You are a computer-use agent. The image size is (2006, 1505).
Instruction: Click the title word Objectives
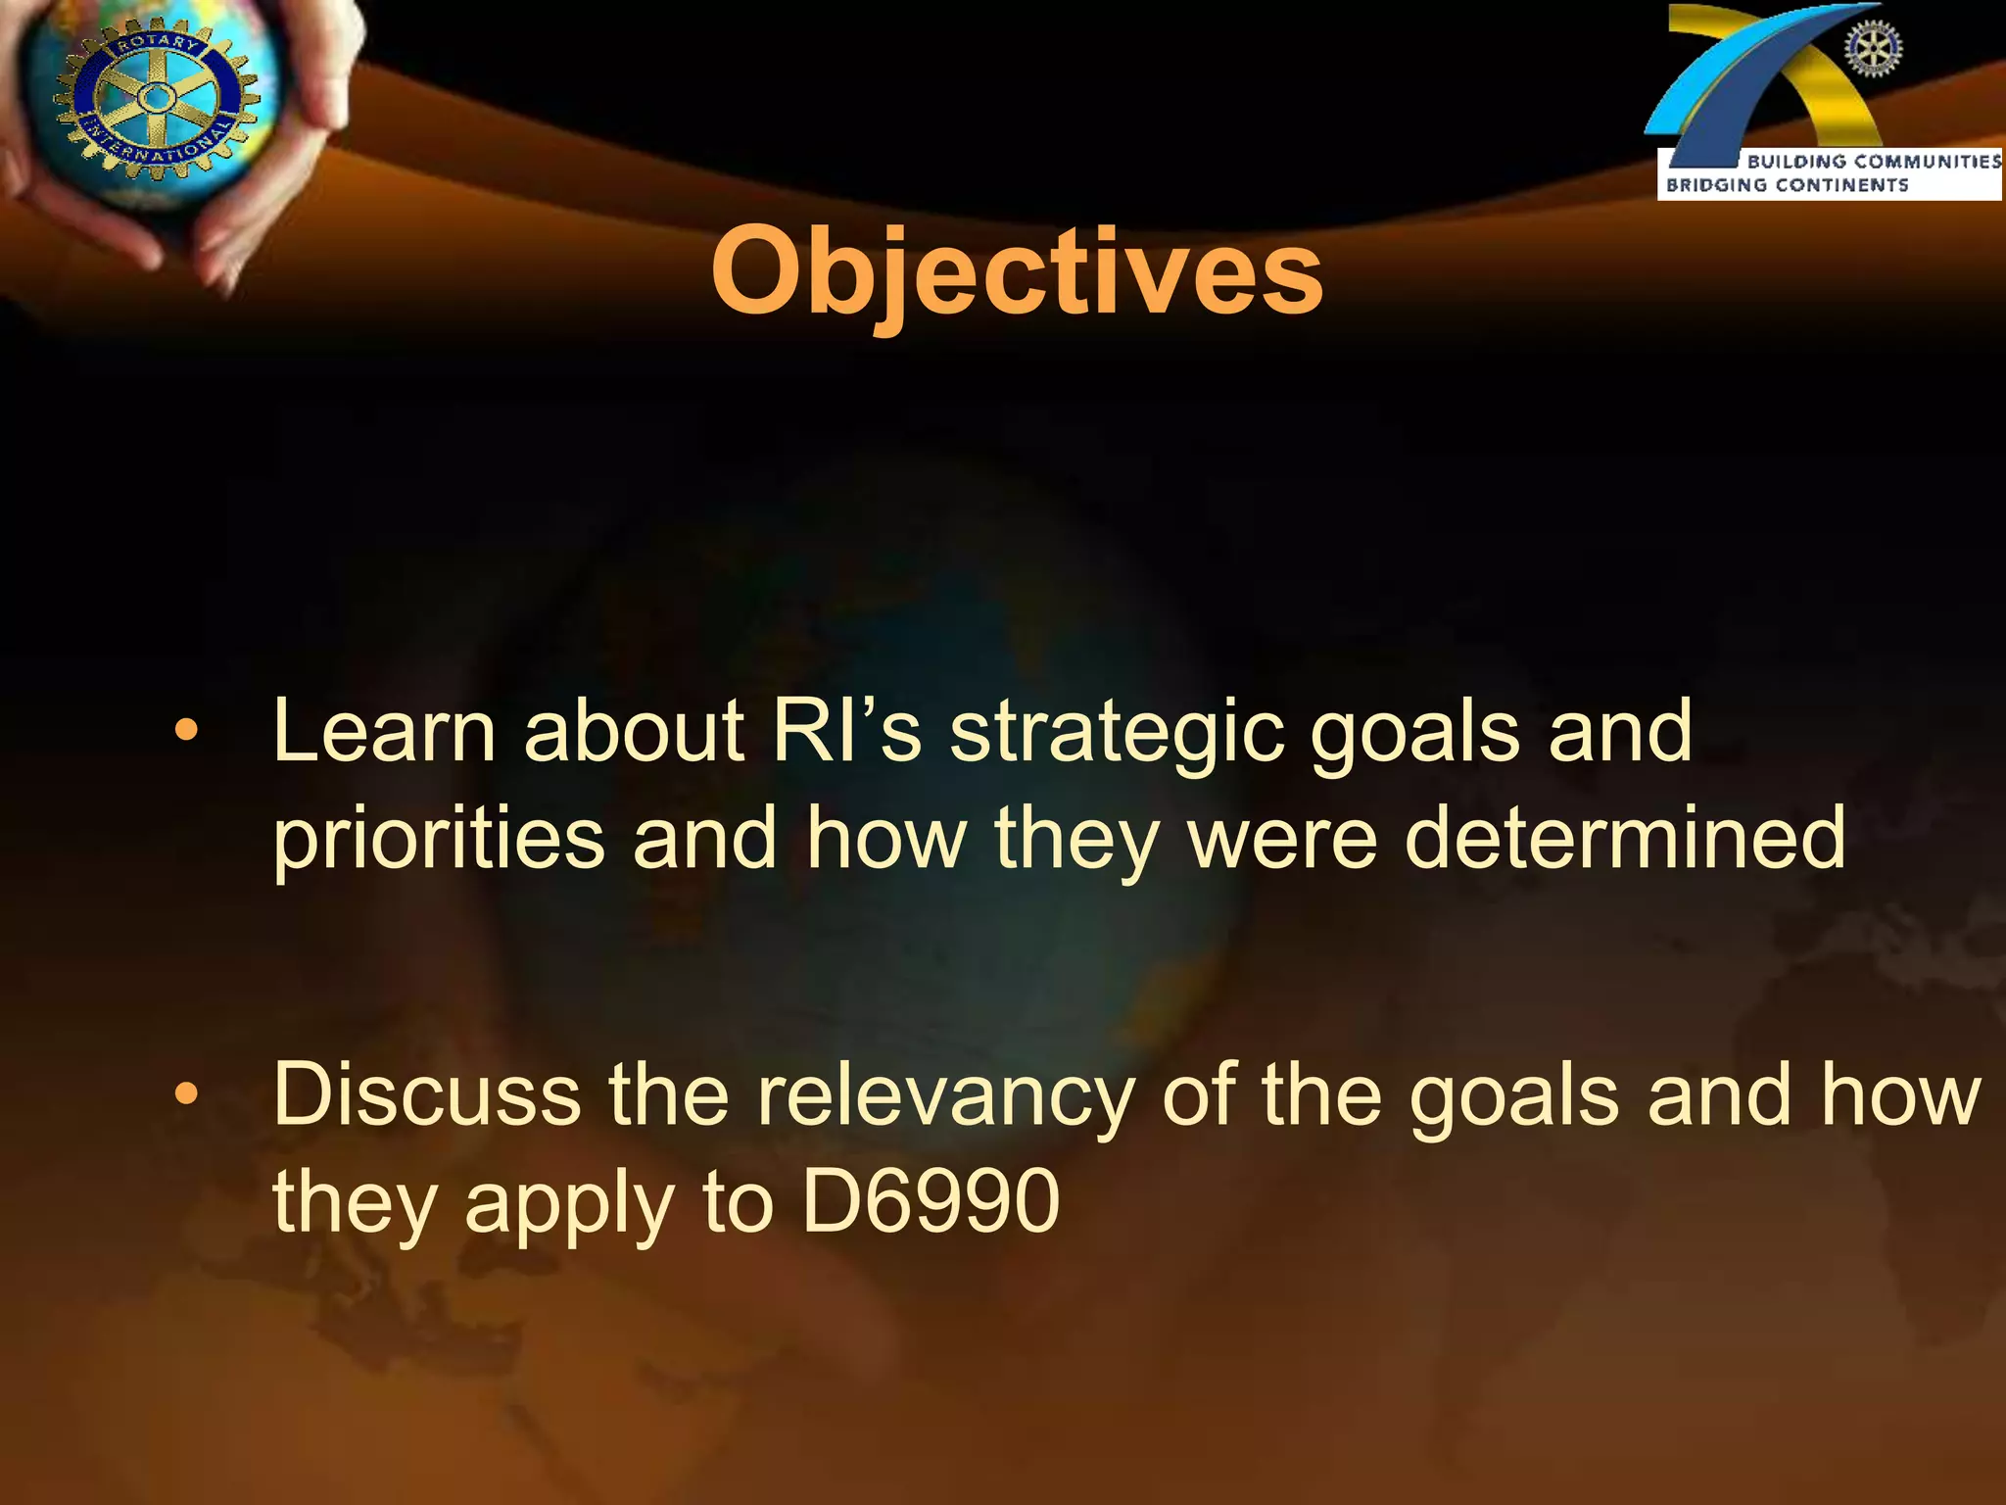pyautogui.click(x=1017, y=272)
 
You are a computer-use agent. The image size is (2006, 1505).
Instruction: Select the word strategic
pyautogui.click(x=1116, y=733)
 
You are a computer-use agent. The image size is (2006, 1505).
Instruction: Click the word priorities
pyautogui.click(x=438, y=840)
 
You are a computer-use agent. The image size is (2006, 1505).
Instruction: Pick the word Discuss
pyautogui.click(x=427, y=1094)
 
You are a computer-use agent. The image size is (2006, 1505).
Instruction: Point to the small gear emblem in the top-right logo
pyautogui.click(x=1872, y=50)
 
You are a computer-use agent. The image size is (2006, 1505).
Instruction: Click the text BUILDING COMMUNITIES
pyautogui.click(x=1873, y=162)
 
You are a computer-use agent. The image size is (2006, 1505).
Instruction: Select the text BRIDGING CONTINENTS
pyautogui.click(x=1787, y=185)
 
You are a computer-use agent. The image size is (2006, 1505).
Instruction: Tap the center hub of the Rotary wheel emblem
pyautogui.click(x=156, y=98)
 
